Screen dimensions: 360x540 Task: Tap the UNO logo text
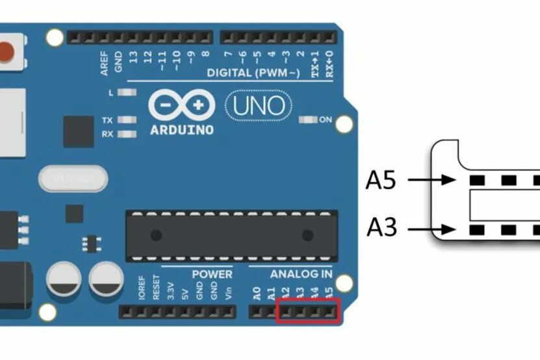(259, 106)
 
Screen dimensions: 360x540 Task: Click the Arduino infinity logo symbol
(182, 105)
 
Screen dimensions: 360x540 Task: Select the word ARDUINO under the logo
(182, 130)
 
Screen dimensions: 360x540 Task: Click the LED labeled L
(127, 93)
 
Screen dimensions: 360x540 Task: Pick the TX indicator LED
(127, 120)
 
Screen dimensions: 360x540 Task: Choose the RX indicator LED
(127, 134)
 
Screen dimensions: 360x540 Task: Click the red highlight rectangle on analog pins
(308, 311)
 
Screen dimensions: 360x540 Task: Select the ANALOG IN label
(301, 274)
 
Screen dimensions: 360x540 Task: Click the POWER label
(212, 274)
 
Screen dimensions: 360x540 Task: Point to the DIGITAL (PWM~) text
(253, 73)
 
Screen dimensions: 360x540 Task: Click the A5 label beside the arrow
(381, 180)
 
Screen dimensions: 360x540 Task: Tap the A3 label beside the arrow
(381, 229)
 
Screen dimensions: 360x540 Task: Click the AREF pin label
(105, 64)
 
